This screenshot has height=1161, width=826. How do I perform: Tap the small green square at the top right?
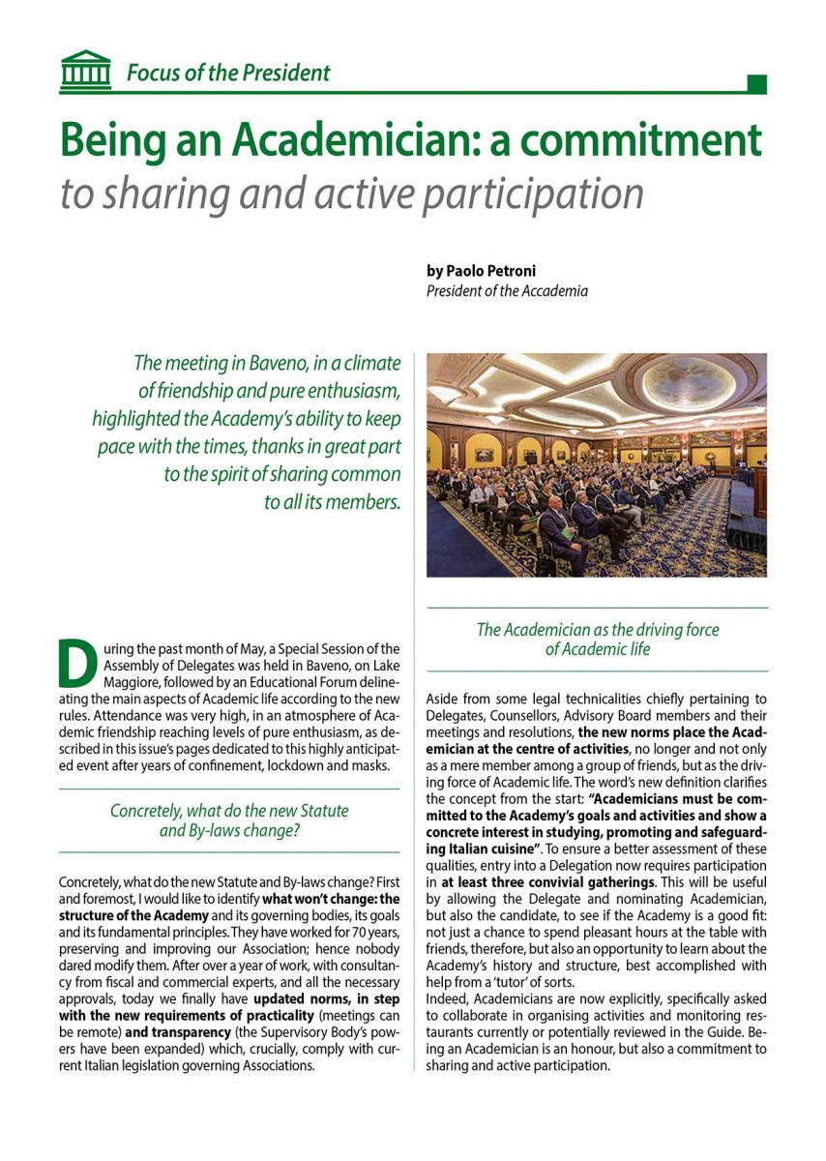[x=757, y=84]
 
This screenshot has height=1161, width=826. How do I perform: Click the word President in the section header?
[x=287, y=73]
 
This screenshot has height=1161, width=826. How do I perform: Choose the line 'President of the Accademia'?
[x=507, y=290]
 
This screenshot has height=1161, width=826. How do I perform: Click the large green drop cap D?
[x=77, y=662]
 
